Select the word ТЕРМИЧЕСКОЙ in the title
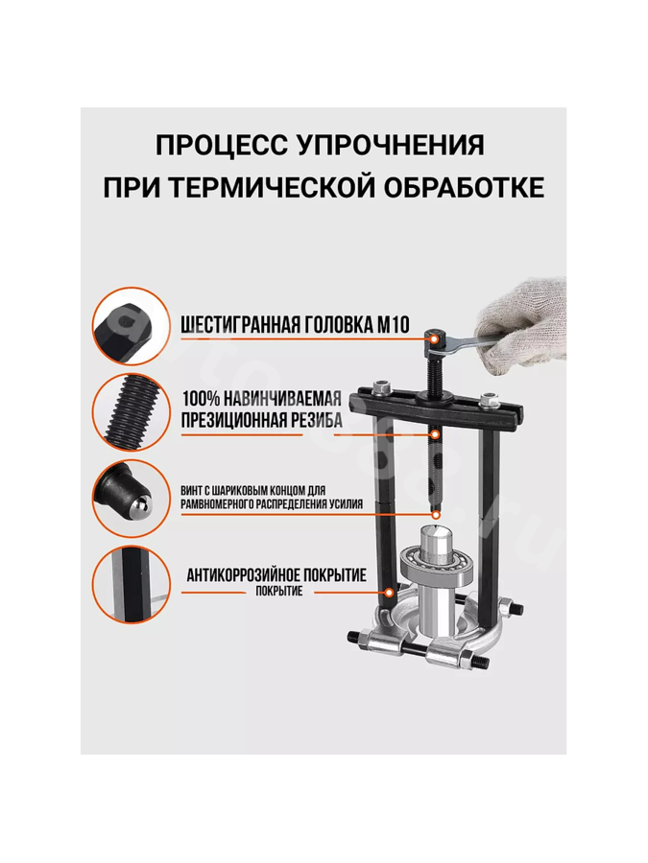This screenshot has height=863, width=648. [270, 188]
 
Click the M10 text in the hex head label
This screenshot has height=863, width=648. [393, 325]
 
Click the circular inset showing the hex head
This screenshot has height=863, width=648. [130, 326]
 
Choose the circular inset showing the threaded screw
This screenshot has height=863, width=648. [130, 412]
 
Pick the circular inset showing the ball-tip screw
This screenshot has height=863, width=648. [130, 498]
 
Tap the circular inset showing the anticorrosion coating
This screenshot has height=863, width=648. [130, 585]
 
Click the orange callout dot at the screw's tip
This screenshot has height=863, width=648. [436, 515]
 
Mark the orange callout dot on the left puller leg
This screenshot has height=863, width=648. [390, 593]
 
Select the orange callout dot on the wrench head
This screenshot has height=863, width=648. [436, 338]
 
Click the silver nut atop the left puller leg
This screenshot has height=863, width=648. [380, 388]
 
